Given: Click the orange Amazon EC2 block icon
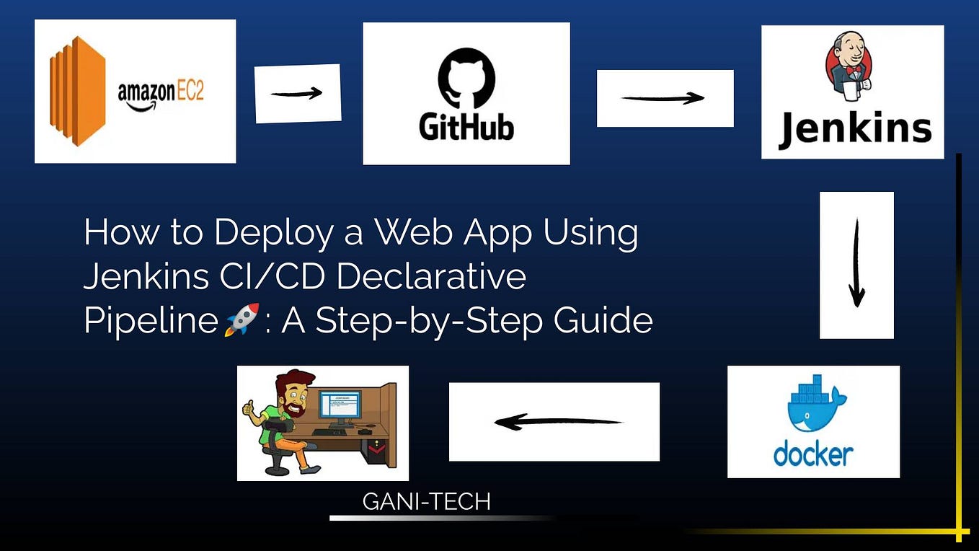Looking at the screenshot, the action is pyautogui.click(x=77, y=91).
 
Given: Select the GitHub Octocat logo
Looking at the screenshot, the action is pyautogui.click(x=466, y=78).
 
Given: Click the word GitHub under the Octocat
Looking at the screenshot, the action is pyautogui.click(x=466, y=127).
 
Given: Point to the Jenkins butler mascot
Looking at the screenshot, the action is pyautogui.click(x=849, y=66).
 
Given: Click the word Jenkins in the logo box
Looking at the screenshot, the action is pyautogui.click(x=854, y=129).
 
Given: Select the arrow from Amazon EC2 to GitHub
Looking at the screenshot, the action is pyautogui.click(x=296, y=93).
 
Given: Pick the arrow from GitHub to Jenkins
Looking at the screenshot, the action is pyautogui.click(x=663, y=98).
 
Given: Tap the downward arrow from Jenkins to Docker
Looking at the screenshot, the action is pyautogui.click(x=856, y=263).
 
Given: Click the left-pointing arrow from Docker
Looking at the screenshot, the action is pyautogui.click(x=558, y=422).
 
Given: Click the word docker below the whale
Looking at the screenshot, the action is pyautogui.click(x=813, y=456).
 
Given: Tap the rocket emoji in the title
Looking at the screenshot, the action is pyautogui.click(x=242, y=319).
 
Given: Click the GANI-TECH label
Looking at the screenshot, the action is pyautogui.click(x=427, y=501).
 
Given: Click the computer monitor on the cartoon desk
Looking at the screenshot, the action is pyautogui.click(x=340, y=409).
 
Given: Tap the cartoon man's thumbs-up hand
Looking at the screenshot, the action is pyautogui.click(x=249, y=410).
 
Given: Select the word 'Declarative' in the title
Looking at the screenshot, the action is pyautogui.click(x=431, y=276).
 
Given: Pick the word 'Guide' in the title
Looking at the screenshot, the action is pyautogui.click(x=603, y=320).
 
